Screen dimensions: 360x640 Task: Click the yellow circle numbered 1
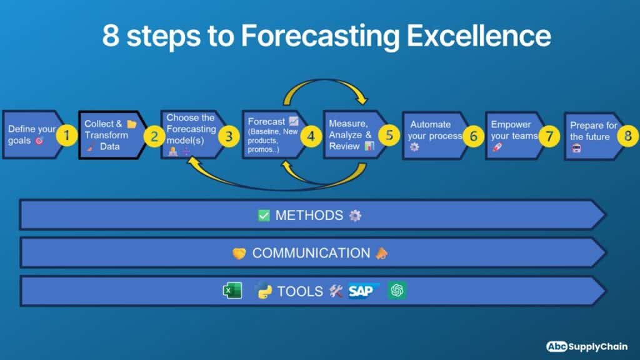point(67,135)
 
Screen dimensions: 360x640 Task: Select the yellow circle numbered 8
point(628,136)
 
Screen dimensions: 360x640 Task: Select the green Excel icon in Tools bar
point(232,291)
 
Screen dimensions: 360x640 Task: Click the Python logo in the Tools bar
point(264,291)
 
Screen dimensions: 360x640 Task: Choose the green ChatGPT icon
point(397,291)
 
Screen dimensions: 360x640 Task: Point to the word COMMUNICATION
point(311,253)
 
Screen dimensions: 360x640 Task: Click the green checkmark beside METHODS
point(264,216)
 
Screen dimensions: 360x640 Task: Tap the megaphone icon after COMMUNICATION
point(381,253)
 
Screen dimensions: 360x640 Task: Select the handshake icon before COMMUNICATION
point(239,253)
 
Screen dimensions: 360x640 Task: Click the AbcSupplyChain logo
point(586,346)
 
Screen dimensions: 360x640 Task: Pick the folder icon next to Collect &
point(131,124)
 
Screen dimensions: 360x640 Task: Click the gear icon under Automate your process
point(414,147)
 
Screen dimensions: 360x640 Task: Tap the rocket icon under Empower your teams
point(497,147)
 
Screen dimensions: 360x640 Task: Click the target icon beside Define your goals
point(39,141)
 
